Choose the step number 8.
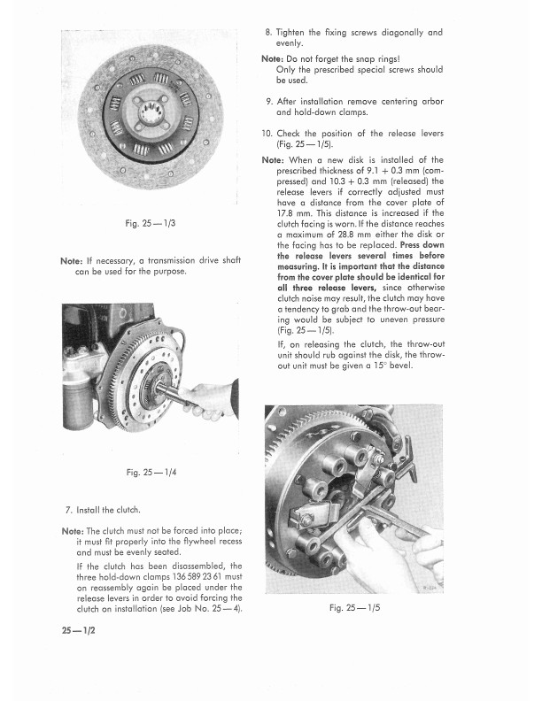[269, 33]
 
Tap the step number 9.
[269, 101]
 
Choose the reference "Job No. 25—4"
[206, 609]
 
